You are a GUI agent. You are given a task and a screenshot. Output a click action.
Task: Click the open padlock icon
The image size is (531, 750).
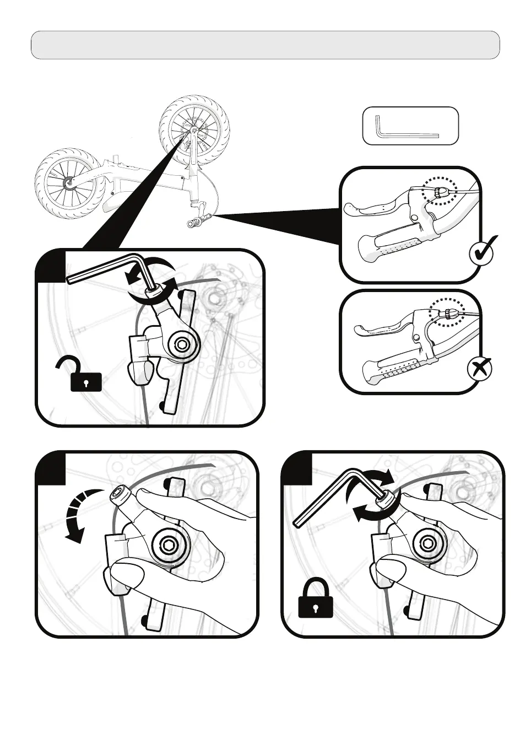(85, 374)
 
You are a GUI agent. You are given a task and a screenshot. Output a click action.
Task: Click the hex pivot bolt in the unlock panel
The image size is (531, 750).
(182, 346)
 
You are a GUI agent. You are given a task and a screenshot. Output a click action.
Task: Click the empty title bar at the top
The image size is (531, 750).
(265, 45)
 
